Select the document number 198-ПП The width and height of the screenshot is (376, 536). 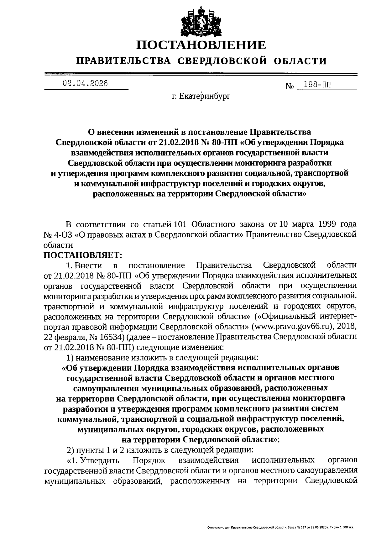click(x=319, y=85)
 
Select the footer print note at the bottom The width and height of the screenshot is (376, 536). click(x=280, y=528)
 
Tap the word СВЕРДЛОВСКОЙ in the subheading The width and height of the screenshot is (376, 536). click(x=223, y=61)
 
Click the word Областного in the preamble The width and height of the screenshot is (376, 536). click(x=213, y=225)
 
